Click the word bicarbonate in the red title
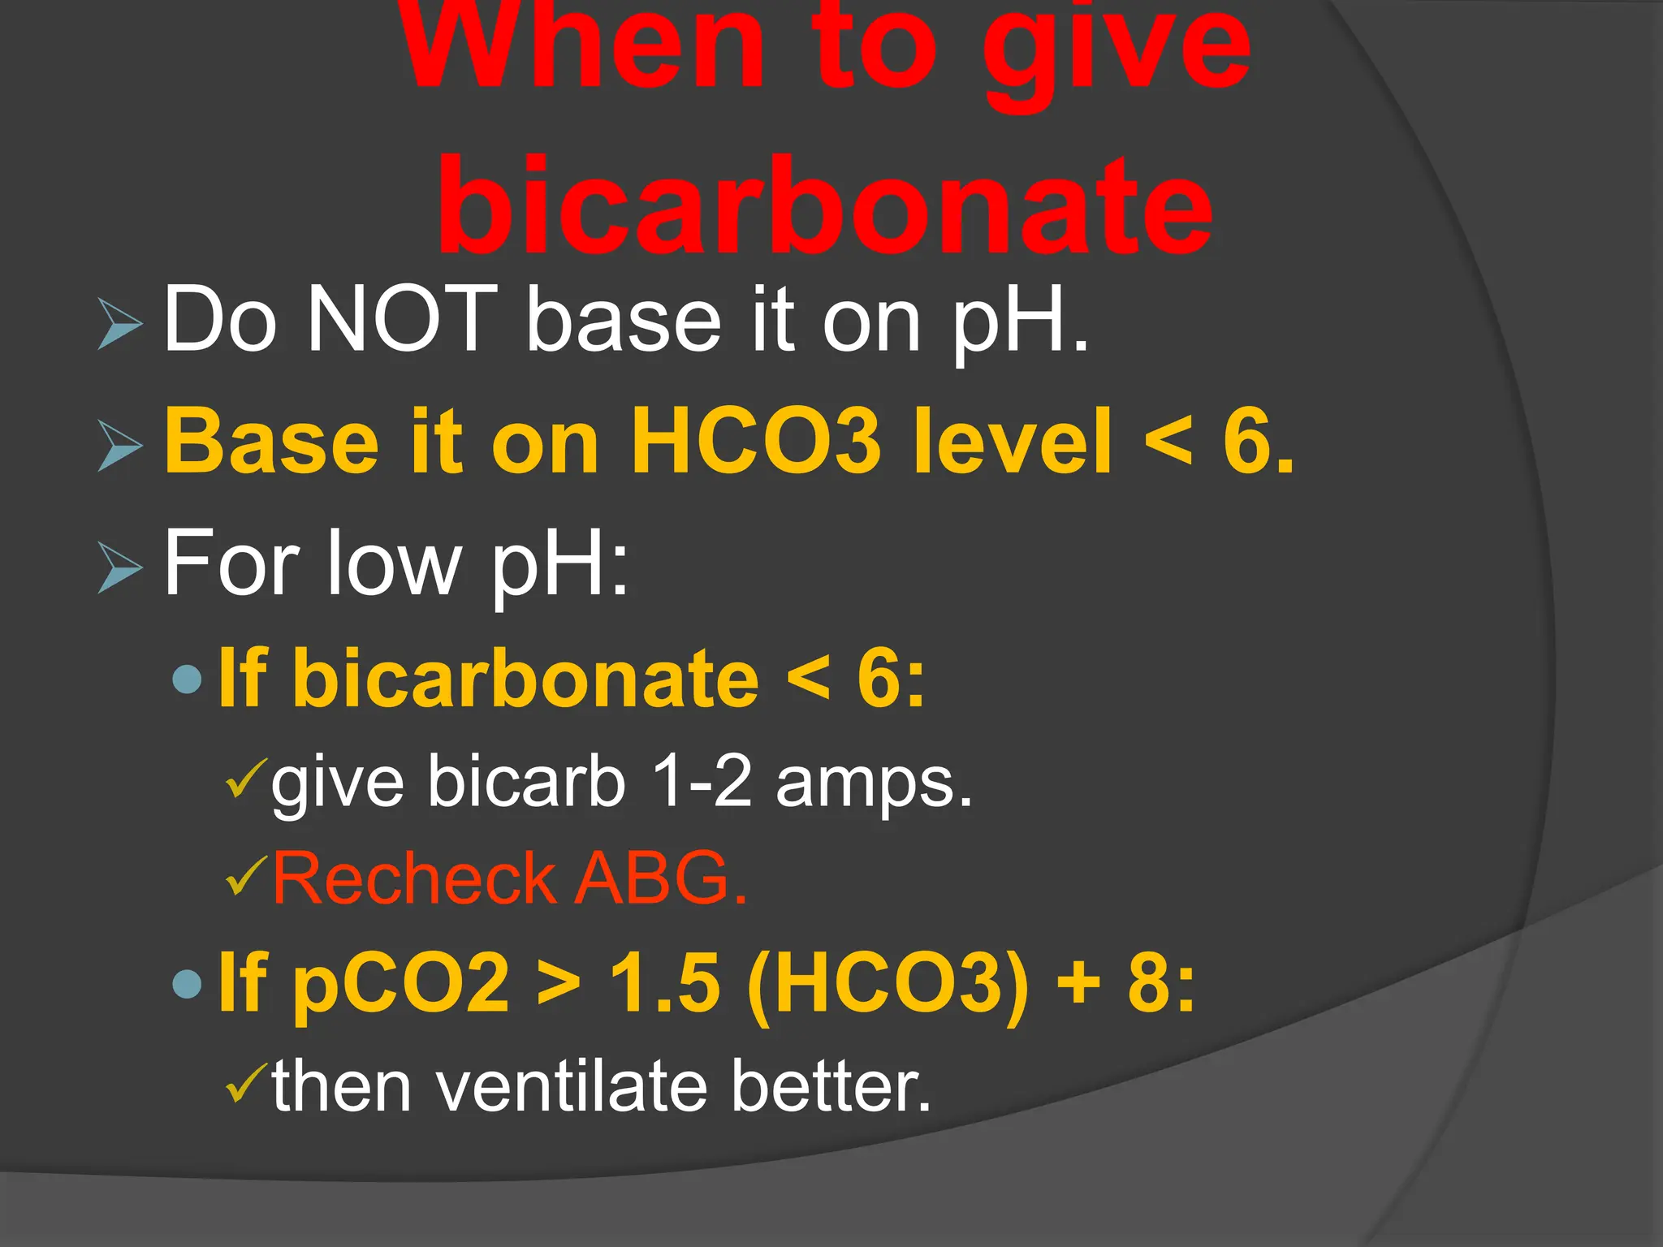824,207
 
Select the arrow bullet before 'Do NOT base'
120,324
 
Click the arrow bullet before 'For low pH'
120,567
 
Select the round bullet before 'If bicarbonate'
188,679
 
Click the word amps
873,785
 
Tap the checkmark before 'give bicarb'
245,778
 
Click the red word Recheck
414,878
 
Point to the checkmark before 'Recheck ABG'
245,875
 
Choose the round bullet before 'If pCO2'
188,984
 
